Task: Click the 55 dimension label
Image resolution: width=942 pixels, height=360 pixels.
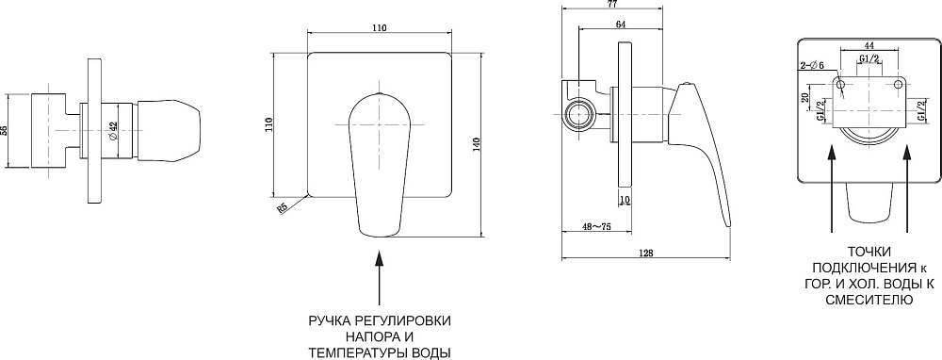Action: point(5,130)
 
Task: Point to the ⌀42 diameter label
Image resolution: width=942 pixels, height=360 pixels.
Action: point(114,132)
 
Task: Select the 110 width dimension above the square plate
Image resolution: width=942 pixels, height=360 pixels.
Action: point(379,27)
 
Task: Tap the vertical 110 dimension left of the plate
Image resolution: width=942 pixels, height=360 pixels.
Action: point(269,124)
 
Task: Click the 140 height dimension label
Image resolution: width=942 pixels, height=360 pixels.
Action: point(477,145)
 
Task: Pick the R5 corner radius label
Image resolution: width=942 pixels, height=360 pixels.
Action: point(281,207)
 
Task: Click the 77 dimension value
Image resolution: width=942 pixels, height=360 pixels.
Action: point(612,3)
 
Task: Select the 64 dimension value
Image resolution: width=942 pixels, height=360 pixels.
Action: point(621,25)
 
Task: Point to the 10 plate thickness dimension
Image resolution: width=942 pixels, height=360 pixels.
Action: point(624,200)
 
